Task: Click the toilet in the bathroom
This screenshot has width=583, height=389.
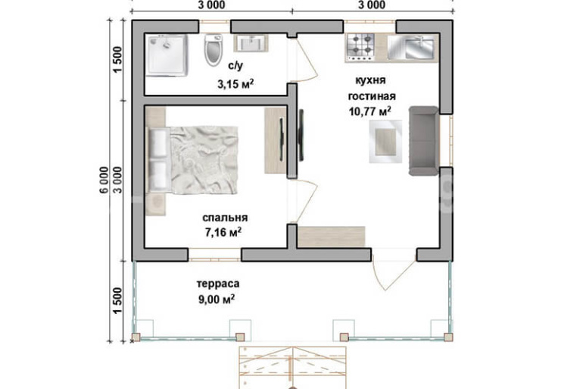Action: click(x=214, y=50)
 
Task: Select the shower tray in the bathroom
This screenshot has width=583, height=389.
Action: click(x=167, y=55)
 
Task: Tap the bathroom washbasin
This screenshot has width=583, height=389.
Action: click(x=250, y=43)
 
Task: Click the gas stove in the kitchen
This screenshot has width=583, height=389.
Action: click(x=360, y=48)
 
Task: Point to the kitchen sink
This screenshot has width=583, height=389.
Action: click(x=413, y=47)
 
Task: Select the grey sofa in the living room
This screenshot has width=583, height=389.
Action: click(x=424, y=141)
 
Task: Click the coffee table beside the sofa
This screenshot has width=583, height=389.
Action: click(x=385, y=142)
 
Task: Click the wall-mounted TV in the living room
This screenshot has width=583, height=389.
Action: click(x=301, y=135)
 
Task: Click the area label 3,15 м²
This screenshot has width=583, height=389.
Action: click(x=235, y=83)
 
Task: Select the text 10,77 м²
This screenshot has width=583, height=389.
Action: click(x=370, y=111)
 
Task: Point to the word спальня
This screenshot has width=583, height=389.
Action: click(x=225, y=218)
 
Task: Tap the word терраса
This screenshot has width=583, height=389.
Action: click(x=218, y=284)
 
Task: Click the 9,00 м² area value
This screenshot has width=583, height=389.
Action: click(x=217, y=300)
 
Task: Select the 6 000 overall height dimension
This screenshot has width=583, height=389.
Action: click(x=104, y=180)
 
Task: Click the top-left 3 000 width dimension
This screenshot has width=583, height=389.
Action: click(x=211, y=5)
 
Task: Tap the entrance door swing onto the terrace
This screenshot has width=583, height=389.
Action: click(x=394, y=275)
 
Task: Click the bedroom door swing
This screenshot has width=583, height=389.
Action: click(x=307, y=201)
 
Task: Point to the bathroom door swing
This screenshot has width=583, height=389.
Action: click(x=307, y=60)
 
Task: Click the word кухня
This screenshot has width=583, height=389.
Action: click(x=370, y=80)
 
